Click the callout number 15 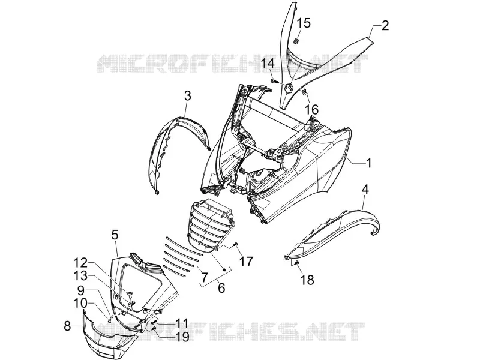click(x=304, y=23)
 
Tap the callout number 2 click(x=385, y=25)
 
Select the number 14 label click(x=268, y=64)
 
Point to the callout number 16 click(x=311, y=110)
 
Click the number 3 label click(x=188, y=96)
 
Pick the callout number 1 click(x=369, y=163)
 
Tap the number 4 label click(x=365, y=189)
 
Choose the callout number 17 click(x=247, y=262)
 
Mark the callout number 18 click(x=308, y=280)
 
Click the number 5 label click(x=115, y=235)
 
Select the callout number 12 click(x=80, y=263)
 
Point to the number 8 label click(x=67, y=326)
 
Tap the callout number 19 click(x=182, y=337)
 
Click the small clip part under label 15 click(x=296, y=41)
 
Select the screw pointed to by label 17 click(x=236, y=244)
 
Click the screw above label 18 click(x=296, y=263)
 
